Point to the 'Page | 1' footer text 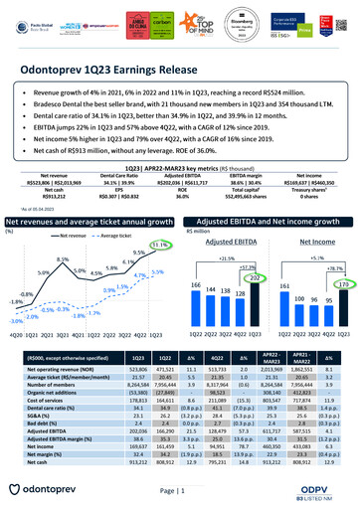point(179,492)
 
